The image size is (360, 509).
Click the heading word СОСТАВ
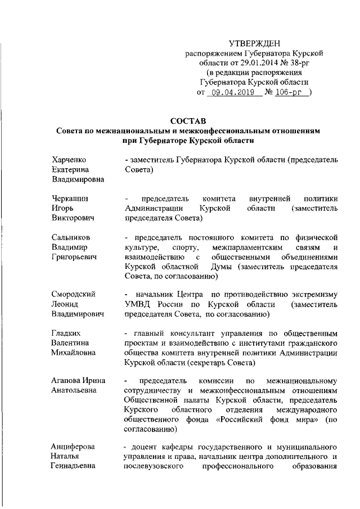coord(188,120)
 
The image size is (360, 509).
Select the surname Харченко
coord(68,160)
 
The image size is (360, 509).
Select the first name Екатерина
coord(70,169)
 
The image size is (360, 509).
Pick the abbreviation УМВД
coord(137,304)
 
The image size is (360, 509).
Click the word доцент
coord(145,447)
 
